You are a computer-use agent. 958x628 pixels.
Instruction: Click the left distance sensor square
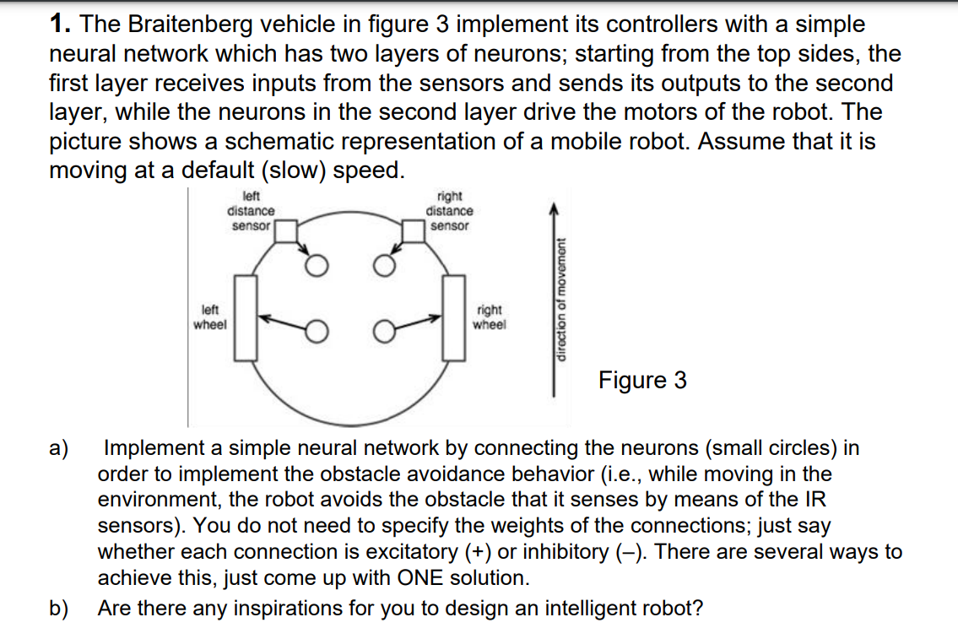coord(285,231)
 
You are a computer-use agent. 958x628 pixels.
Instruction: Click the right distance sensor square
coord(414,231)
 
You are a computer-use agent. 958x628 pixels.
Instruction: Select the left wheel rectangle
coord(245,320)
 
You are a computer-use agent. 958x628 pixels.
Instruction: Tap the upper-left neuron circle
coord(317,268)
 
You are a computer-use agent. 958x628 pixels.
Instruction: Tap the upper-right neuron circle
coord(383,268)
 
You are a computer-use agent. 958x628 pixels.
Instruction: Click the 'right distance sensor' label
coord(450,210)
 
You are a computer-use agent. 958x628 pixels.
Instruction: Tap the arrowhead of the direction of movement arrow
coord(554,208)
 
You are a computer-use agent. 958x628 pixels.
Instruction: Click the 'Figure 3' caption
coord(642,381)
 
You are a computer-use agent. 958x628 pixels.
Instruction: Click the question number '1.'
coord(59,25)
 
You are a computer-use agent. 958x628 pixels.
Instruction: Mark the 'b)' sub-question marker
coord(61,608)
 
